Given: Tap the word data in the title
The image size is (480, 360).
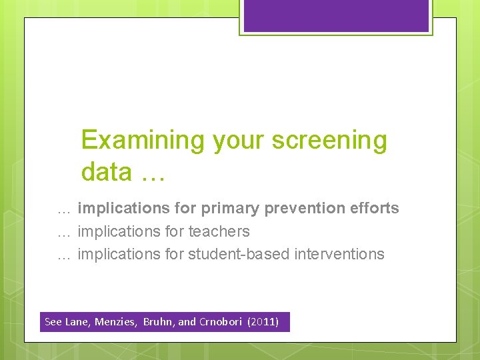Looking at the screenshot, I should click(x=107, y=172).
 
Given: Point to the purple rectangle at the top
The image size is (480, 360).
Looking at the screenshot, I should click(x=336, y=15).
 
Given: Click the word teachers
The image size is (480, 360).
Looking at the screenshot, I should click(x=219, y=231).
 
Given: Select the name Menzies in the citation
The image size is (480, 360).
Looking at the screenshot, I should click(x=115, y=322).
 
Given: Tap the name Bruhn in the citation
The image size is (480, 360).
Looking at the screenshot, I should click(x=159, y=322).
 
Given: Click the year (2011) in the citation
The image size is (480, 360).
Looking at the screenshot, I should click(x=263, y=322).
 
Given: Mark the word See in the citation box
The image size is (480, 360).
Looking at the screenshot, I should click(x=53, y=322).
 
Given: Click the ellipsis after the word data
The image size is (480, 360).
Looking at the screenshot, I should click(x=153, y=173).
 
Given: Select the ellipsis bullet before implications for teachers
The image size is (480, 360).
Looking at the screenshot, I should click(x=64, y=233).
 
